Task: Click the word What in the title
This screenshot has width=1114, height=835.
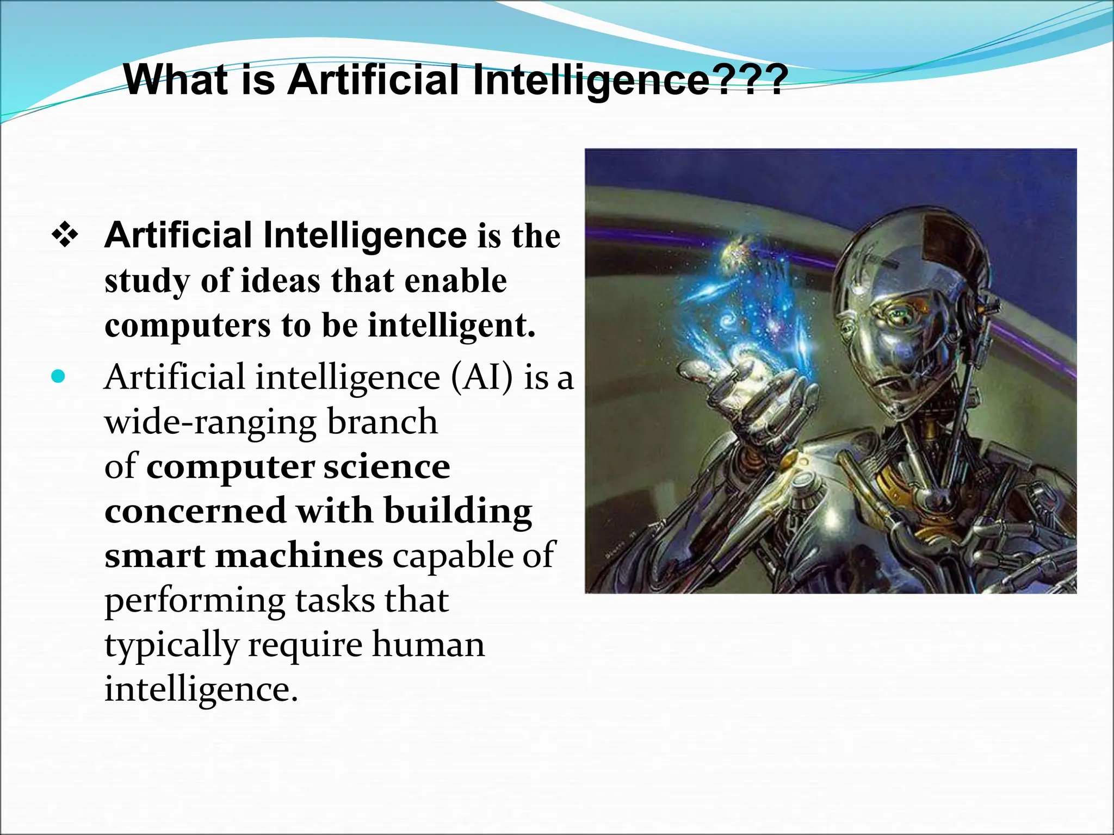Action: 175,80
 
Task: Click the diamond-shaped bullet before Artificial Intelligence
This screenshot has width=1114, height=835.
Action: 65,236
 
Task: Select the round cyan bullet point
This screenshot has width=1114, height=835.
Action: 58,376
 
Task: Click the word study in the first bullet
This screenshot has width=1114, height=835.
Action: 147,282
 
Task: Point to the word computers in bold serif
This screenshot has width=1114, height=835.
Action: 187,326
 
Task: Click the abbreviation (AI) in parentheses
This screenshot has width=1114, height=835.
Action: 481,377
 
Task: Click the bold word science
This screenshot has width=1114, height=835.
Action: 387,466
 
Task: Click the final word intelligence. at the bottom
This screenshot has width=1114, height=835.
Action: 201,689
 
